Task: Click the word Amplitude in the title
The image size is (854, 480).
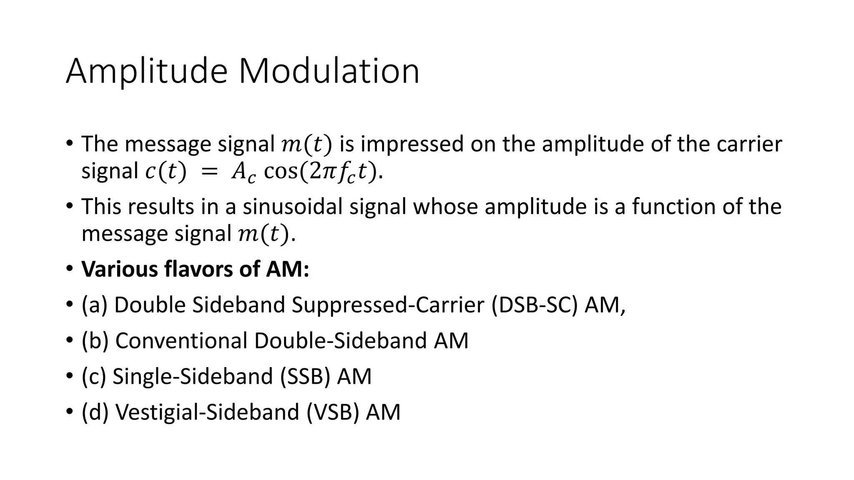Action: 146,72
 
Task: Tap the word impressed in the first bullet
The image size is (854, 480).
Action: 412,144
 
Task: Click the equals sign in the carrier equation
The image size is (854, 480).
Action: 209,172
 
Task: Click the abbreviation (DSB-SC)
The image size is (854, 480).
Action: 535,305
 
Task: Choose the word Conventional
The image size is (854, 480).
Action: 181,341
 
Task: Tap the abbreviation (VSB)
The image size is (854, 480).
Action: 333,412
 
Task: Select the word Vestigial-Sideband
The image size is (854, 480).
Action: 207,412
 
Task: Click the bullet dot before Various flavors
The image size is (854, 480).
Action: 69,269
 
